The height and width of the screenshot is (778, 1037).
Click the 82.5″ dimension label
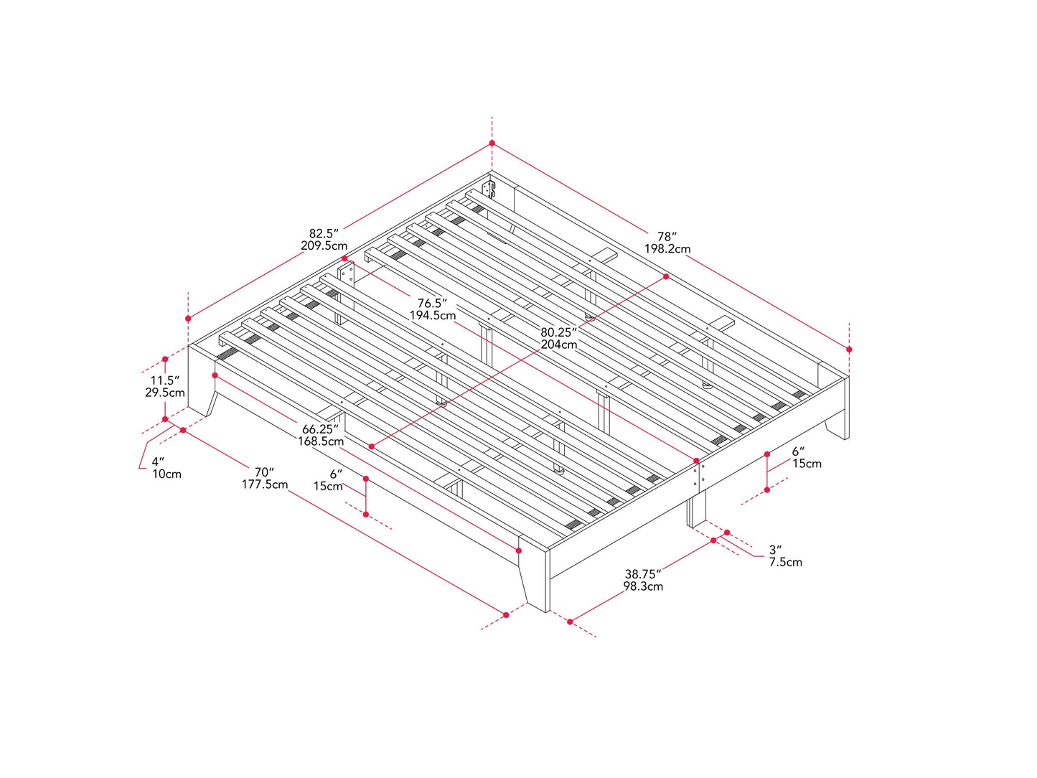[323, 233]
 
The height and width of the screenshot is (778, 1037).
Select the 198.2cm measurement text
[667, 249]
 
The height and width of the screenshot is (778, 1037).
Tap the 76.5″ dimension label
[432, 303]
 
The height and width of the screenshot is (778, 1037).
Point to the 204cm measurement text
[558, 345]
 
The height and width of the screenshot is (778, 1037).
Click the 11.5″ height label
[164, 380]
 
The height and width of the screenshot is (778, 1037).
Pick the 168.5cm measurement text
[321, 441]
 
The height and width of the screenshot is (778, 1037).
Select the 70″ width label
[264, 472]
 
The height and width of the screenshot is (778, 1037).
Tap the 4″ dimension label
[158, 461]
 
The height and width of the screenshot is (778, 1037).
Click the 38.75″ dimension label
[642, 573]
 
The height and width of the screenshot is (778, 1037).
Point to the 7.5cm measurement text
[785, 562]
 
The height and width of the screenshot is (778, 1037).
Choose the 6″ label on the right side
[798, 451]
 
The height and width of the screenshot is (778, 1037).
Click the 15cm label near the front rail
[327, 487]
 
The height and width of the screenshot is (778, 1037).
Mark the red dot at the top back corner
[492, 144]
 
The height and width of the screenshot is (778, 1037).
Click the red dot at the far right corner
[849, 350]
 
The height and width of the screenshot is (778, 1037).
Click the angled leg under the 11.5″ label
[212, 403]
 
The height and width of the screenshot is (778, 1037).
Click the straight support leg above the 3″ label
[697, 510]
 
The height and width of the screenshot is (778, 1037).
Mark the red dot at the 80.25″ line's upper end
[666, 276]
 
